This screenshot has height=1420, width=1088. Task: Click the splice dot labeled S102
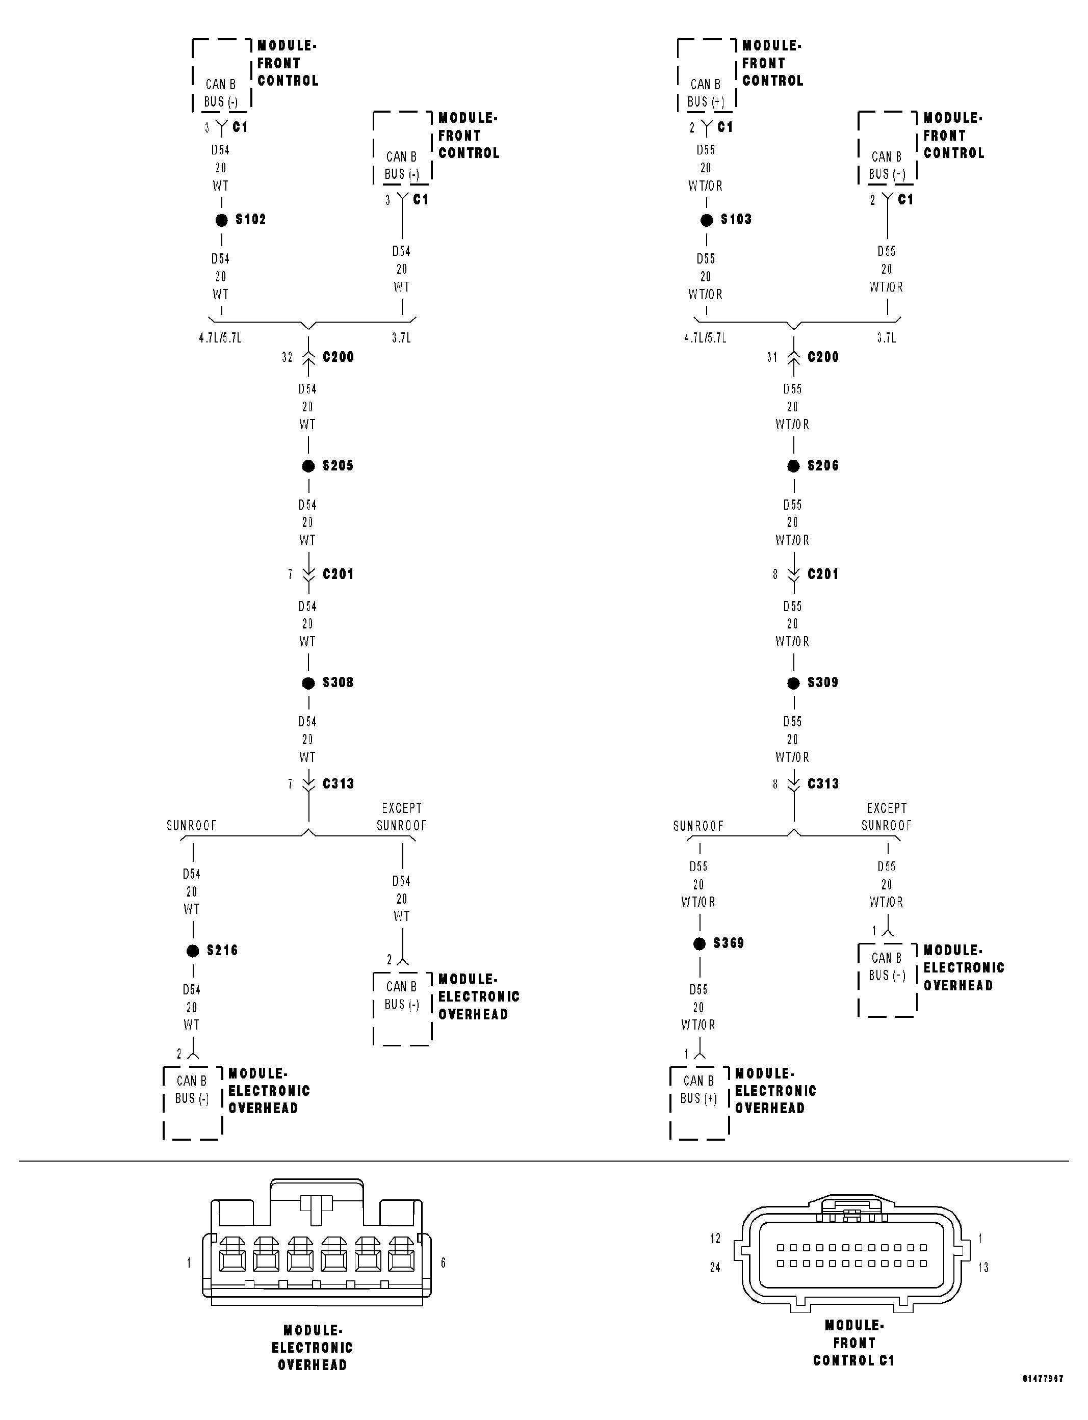(221, 220)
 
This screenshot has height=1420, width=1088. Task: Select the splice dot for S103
(707, 220)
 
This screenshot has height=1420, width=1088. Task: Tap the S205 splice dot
(308, 466)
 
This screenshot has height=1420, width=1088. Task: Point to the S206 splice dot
(793, 466)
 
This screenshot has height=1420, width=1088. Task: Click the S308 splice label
(338, 682)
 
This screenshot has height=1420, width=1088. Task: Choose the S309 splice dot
(793, 683)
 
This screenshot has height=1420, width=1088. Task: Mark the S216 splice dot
(192, 951)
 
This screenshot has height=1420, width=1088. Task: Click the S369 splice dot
(700, 944)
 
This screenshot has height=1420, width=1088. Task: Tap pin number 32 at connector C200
(287, 357)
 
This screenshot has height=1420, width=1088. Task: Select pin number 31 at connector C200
(772, 357)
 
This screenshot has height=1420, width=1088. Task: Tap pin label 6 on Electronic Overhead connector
(443, 1263)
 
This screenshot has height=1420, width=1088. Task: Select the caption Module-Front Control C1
(854, 1343)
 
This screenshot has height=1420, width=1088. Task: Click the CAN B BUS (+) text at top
(705, 93)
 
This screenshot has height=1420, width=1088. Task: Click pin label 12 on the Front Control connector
(715, 1238)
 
